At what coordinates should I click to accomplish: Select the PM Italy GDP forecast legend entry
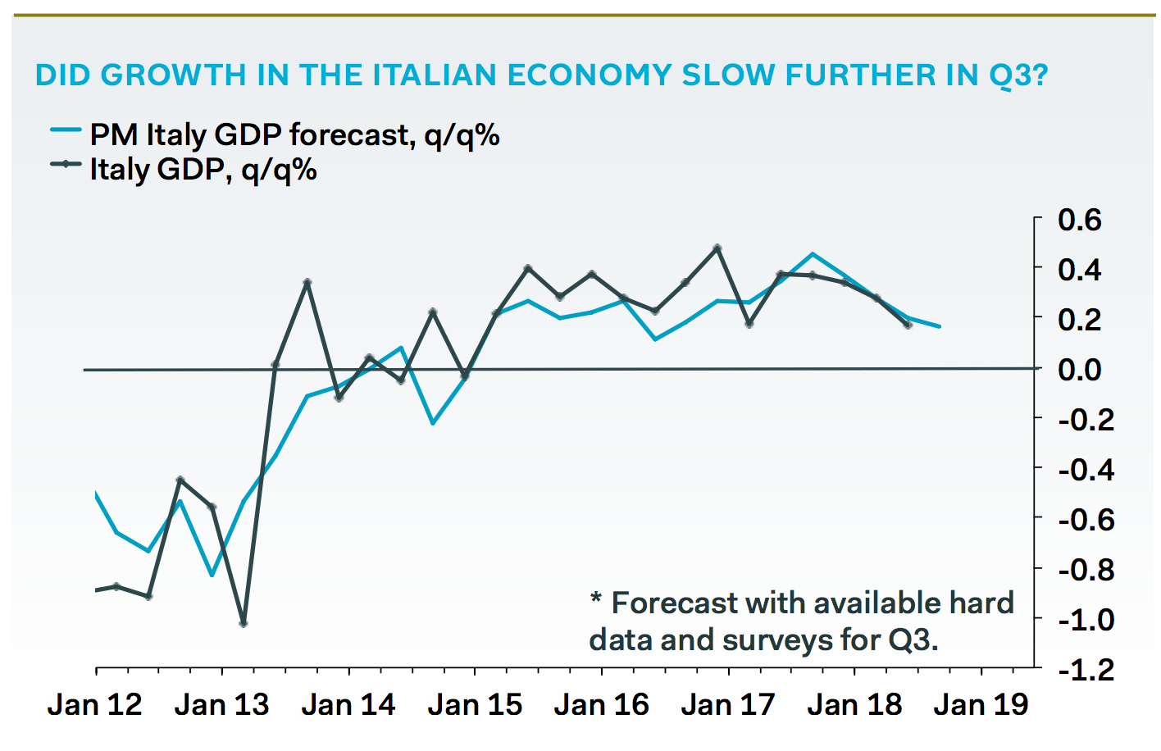(x=275, y=134)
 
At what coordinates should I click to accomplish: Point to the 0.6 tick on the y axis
(x=1079, y=220)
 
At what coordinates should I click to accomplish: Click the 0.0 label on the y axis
(x=1079, y=369)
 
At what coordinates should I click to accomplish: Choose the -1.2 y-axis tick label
(x=1085, y=670)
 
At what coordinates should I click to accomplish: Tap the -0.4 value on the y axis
(x=1085, y=469)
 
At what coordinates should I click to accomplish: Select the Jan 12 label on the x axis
(x=95, y=705)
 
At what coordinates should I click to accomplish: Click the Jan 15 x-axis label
(x=475, y=705)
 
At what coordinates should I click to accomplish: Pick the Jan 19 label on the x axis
(x=981, y=705)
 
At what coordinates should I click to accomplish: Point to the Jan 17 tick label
(x=728, y=705)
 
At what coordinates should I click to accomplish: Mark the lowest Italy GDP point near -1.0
(x=244, y=624)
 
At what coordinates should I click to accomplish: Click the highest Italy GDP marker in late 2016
(x=717, y=248)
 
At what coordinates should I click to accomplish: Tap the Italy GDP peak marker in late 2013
(x=307, y=283)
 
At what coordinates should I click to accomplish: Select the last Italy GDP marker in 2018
(x=908, y=325)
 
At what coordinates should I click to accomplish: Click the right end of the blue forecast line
(x=940, y=327)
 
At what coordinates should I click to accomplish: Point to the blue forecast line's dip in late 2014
(x=433, y=423)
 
